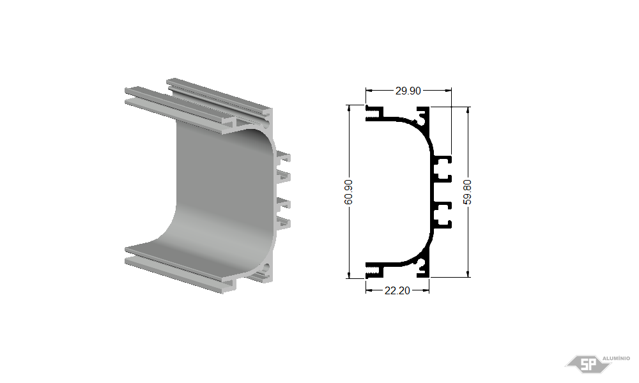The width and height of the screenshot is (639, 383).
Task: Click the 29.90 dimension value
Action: [x=408, y=91]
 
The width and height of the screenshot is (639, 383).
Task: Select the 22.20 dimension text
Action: [x=397, y=290]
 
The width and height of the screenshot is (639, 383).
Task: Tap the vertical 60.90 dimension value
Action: [x=349, y=191]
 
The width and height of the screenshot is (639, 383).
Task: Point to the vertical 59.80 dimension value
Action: [x=468, y=191]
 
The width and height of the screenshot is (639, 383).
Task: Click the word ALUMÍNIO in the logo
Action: [x=616, y=359]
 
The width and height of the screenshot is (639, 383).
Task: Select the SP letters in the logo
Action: [x=588, y=364]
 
